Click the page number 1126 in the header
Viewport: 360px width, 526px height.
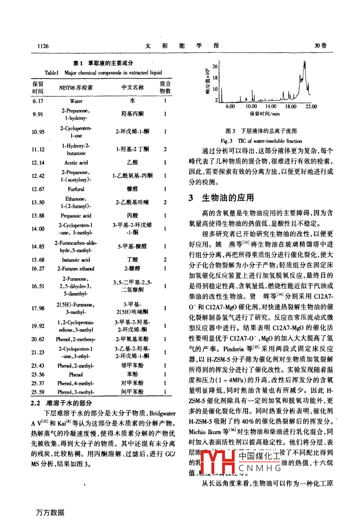tap(43, 46)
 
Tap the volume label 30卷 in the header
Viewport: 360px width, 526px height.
tap(320, 46)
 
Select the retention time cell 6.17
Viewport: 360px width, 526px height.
tap(38, 101)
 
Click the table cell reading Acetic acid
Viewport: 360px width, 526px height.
tap(76, 163)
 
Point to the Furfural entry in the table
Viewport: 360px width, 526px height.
tap(76, 189)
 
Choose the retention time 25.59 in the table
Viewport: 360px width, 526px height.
tap(38, 392)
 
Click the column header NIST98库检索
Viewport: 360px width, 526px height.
tap(76, 88)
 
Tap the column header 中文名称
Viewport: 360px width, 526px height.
tap(133, 87)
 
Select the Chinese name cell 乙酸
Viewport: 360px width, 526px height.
tap(133, 163)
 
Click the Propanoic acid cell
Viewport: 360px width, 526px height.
tap(76, 216)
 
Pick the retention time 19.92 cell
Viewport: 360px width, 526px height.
tap(38, 326)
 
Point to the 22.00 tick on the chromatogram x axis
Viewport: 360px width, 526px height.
tap(311, 106)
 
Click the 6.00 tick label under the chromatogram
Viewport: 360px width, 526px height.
tap(230, 106)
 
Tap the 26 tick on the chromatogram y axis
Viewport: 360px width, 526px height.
tap(215, 67)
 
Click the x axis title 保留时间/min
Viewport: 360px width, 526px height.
tap(265, 114)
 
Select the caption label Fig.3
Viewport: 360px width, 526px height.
tap(227, 141)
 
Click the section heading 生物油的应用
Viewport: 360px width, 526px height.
tap(228, 198)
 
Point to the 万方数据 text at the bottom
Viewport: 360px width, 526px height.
tap(50, 512)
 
